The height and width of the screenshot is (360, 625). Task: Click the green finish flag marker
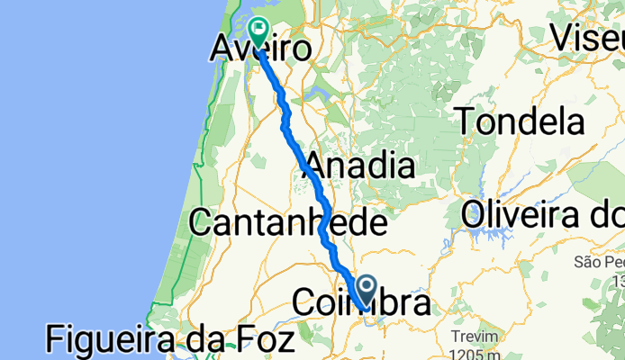[258, 32]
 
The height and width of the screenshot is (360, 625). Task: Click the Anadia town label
[359, 166]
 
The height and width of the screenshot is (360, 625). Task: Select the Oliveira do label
[542, 216]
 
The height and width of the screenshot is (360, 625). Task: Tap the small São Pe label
[598, 262]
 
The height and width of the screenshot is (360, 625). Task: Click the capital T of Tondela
[468, 121]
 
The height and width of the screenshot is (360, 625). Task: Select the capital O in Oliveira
[476, 216]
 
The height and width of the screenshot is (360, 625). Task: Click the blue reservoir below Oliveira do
[494, 236]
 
